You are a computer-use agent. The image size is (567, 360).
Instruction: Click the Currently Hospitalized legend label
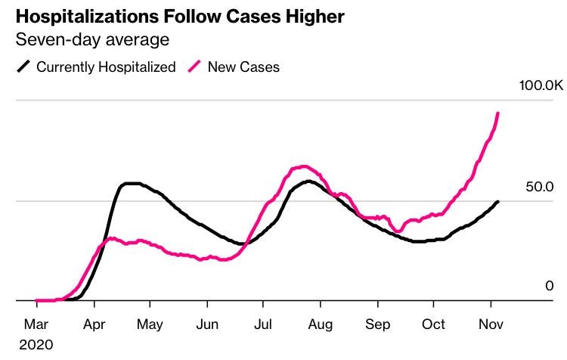click(x=106, y=67)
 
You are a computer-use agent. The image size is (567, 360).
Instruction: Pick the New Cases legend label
click(x=243, y=67)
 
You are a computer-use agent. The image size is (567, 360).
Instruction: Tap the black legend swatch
click(x=24, y=67)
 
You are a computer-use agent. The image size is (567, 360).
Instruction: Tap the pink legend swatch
click(x=196, y=67)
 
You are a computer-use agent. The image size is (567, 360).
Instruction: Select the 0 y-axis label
click(x=550, y=286)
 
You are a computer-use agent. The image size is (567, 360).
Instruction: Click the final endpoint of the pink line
click(x=497, y=113)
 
